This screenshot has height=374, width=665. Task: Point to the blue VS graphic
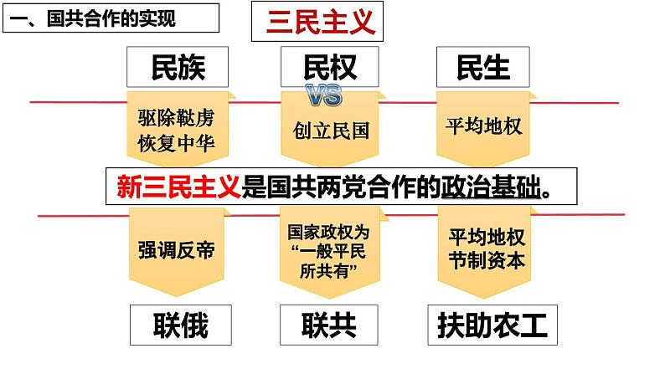(x=324, y=95)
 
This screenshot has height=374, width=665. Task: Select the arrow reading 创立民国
(x=332, y=131)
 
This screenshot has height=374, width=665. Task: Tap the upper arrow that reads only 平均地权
(x=485, y=126)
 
